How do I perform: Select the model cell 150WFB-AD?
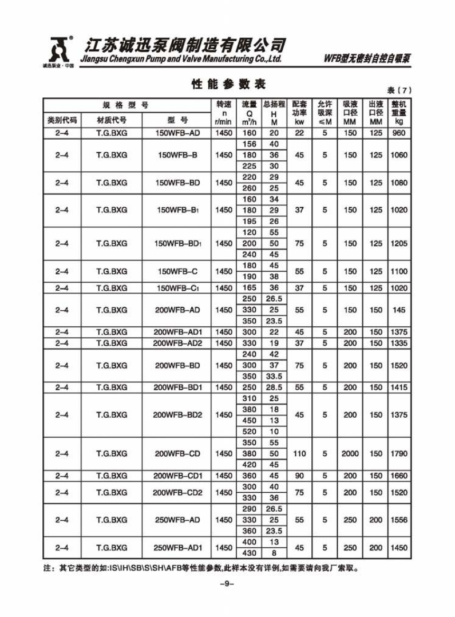point(177,133)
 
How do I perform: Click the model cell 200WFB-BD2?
point(177,415)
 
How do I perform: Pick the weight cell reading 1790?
point(398,454)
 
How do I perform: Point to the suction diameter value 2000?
point(350,454)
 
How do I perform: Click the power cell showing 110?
point(299,454)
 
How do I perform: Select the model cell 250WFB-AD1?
point(177,548)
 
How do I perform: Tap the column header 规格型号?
point(125,105)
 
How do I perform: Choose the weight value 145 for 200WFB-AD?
point(398,310)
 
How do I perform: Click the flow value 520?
point(250,432)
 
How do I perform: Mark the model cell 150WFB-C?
point(177,271)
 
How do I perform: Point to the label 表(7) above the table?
point(398,90)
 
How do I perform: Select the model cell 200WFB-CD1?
point(177,476)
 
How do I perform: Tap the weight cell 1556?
point(398,520)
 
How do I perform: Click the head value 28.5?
point(274,387)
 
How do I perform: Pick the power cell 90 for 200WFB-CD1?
point(299,476)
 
